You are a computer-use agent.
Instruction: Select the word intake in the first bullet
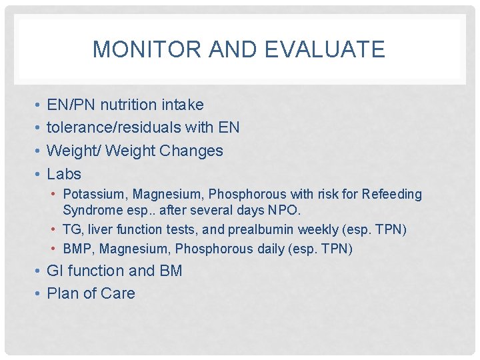coord(182,105)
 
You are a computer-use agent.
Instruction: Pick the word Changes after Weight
coord(191,151)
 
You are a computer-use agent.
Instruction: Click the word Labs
coord(64,174)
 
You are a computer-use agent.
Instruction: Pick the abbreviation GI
coord(55,271)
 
